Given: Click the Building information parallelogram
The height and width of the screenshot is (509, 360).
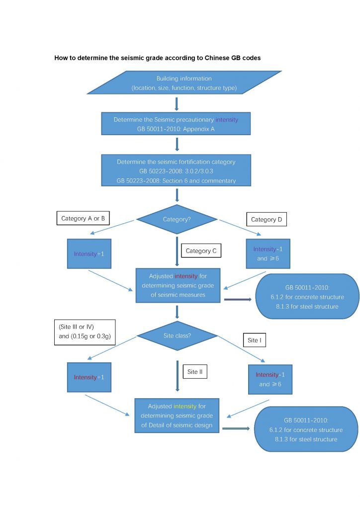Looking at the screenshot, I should tap(184, 83).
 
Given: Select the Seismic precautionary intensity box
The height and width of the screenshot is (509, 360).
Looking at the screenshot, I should tap(177, 124).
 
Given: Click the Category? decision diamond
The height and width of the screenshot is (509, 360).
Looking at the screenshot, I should tap(177, 219).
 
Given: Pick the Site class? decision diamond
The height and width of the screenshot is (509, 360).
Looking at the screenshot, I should tap(177, 337).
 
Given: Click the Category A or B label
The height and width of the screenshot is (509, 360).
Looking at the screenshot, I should tap(83, 218).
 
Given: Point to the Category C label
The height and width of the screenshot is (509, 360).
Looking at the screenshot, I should tap(201, 251).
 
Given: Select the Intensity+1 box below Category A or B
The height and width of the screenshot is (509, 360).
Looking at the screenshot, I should tap(90, 254).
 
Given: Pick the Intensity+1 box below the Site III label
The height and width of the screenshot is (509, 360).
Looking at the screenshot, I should tap(90, 377).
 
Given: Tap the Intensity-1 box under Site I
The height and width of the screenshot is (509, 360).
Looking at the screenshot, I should tap(270, 379).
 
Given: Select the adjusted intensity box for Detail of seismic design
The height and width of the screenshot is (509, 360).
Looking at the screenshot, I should tap(177, 415).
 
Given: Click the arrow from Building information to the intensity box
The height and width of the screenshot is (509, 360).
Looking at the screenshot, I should tap(177, 104).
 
